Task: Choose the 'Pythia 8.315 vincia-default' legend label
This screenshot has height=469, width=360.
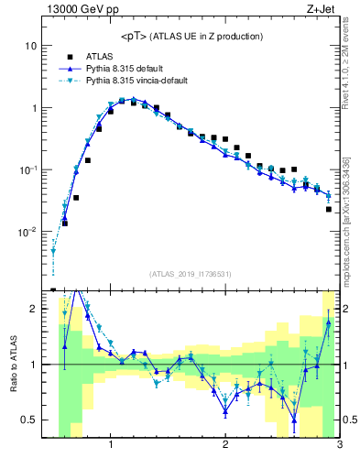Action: (x=142, y=81)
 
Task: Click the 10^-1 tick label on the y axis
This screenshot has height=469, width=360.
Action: (x=29, y=169)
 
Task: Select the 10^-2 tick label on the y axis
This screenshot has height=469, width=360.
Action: (x=29, y=232)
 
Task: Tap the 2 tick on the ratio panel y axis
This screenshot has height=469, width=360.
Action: (x=37, y=309)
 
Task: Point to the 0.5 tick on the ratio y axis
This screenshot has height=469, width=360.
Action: (x=33, y=420)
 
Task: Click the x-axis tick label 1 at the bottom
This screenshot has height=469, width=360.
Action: (x=111, y=446)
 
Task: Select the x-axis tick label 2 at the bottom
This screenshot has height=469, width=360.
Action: (x=225, y=446)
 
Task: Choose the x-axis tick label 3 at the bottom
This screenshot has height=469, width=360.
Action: (x=339, y=446)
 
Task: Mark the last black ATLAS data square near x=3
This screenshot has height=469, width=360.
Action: (x=329, y=210)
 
